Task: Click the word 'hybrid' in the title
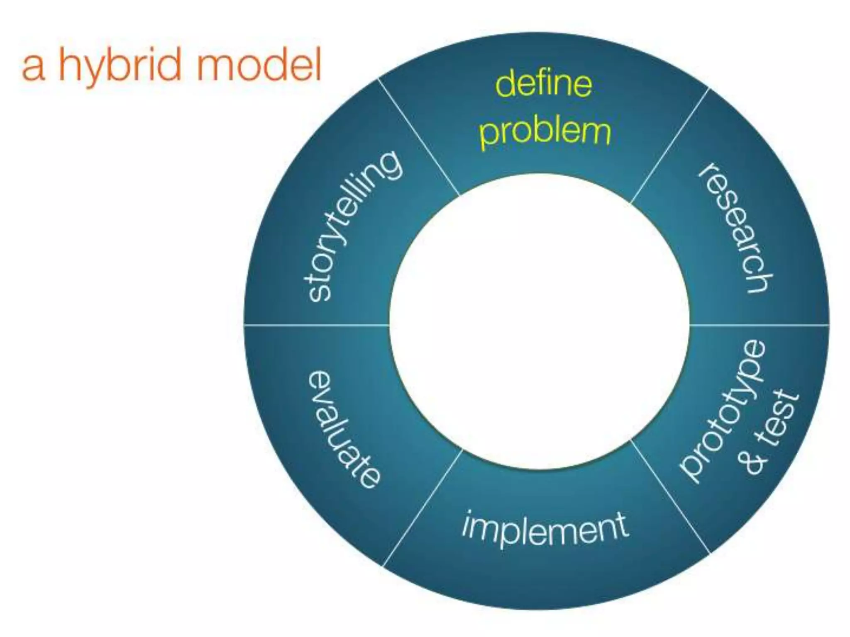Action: [x=120, y=66]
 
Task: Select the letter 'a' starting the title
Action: [x=33, y=69]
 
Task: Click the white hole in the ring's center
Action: [x=540, y=321]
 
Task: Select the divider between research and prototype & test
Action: [x=760, y=325]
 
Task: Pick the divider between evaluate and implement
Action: [x=422, y=508]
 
